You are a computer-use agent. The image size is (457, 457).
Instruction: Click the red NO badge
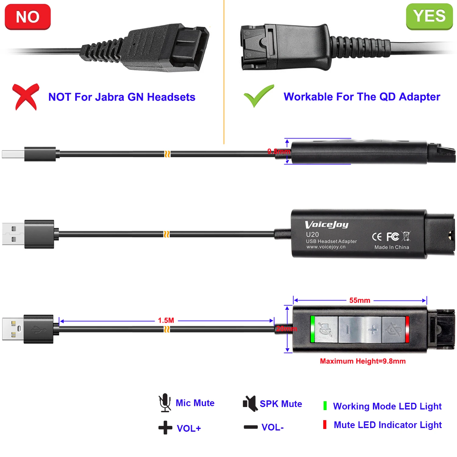tap(28, 17)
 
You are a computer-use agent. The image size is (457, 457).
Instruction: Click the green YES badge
tap(429, 16)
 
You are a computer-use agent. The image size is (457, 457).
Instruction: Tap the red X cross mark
tap(26, 97)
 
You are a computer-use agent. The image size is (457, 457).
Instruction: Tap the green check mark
tap(258, 96)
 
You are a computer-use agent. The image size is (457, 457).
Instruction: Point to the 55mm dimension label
tap(360, 300)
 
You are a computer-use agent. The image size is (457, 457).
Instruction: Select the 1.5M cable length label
tap(166, 321)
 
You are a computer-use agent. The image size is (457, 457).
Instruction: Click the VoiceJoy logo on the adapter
tap(327, 225)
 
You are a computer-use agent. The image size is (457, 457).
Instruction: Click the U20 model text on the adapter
tap(312, 235)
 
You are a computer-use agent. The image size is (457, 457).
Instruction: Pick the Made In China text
tap(391, 247)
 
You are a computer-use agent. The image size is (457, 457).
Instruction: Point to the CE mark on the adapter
tap(377, 237)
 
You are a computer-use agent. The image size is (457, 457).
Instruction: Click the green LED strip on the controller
tap(312, 329)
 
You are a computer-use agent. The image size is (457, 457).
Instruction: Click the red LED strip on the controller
tap(407, 329)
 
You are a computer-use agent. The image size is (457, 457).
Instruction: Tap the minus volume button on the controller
tap(348, 329)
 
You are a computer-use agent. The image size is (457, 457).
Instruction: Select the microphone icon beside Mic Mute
tap(165, 402)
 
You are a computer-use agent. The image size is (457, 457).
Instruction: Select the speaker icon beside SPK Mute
tap(250, 403)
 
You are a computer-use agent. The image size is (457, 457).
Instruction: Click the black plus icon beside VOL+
tap(165, 428)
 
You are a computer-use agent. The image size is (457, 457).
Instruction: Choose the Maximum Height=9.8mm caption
tap(363, 361)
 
